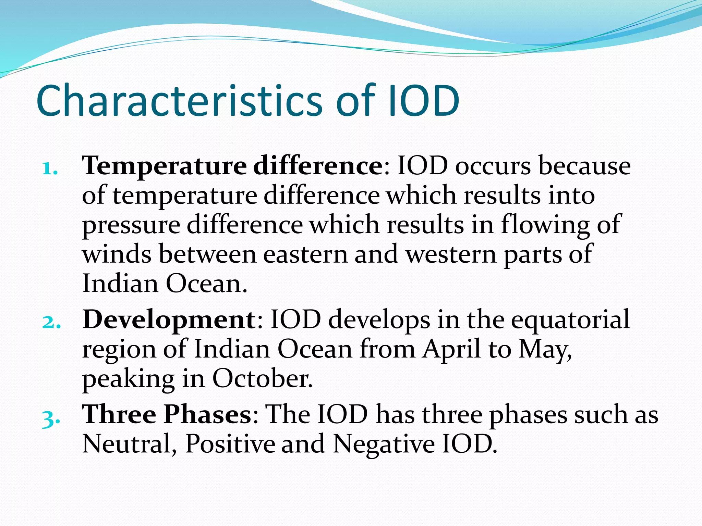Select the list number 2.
tap(51, 322)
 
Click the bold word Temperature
tap(164, 166)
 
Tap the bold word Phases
tap(207, 415)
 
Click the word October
tap(262, 379)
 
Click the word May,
tap(545, 350)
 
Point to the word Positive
tap(230, 444)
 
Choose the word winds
tap(117, 254)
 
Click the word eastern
tap(305, 254)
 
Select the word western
tap(451, 254)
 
